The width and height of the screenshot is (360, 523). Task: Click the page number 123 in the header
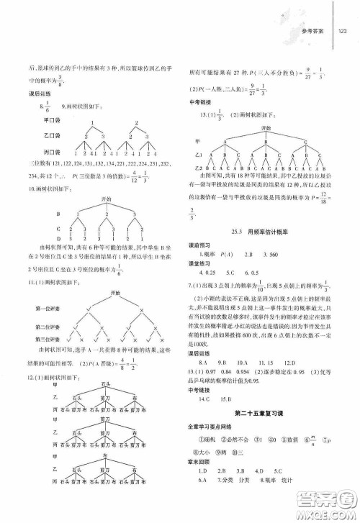(342, 31)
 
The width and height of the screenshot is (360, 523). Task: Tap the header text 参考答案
(315, 31)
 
